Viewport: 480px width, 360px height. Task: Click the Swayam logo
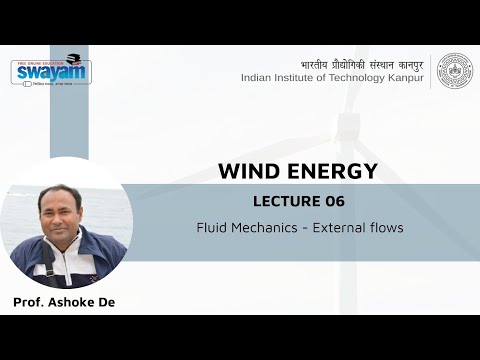pos(50,71)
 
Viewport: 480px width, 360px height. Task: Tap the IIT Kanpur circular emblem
pos(455,70)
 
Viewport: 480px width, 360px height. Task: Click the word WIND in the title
pos(247,171)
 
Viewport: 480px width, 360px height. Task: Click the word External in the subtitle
pos(343,228)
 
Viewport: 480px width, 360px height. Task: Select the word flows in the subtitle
pos(387,228)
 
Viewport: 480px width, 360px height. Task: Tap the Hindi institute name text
pos(361,61)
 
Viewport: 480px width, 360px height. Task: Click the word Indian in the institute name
pos(259,78)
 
